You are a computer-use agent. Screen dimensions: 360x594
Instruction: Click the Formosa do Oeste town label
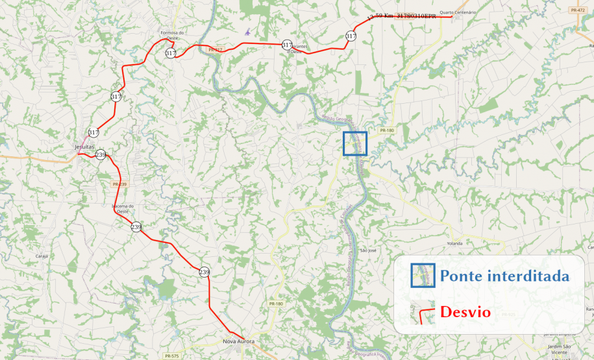[173, 36]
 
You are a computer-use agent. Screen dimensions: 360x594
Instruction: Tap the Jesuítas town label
[85, 147]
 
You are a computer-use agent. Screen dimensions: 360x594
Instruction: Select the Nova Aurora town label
[239, 341]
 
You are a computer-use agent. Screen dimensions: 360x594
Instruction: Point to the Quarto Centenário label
[458, 12]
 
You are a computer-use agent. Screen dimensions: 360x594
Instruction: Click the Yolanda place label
[454, 243]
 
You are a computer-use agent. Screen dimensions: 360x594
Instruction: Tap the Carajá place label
[42, 256]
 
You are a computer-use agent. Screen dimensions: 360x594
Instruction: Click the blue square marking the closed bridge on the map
[355, 143]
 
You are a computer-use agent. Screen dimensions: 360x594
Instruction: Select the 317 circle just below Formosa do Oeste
[171, 53]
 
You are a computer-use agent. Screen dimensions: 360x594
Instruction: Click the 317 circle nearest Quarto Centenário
[351, 36]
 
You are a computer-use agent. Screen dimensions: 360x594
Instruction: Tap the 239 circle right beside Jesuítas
[101, 155]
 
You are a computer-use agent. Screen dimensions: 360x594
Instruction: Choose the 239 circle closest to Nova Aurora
[204, 272]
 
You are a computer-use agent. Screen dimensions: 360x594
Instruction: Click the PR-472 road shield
[576, 10]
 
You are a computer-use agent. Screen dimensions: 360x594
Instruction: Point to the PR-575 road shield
[171, 355]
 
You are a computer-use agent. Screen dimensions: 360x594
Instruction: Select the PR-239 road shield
[119, 184]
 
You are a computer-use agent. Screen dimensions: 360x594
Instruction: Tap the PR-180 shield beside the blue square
[387, 130]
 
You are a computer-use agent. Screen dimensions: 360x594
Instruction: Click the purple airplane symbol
[247, 30]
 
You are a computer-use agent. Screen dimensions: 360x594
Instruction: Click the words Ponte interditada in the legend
[504, 276]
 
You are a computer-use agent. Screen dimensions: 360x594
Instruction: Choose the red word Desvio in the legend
[465, 312]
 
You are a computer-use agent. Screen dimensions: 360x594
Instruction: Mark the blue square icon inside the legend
[423, 275]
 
